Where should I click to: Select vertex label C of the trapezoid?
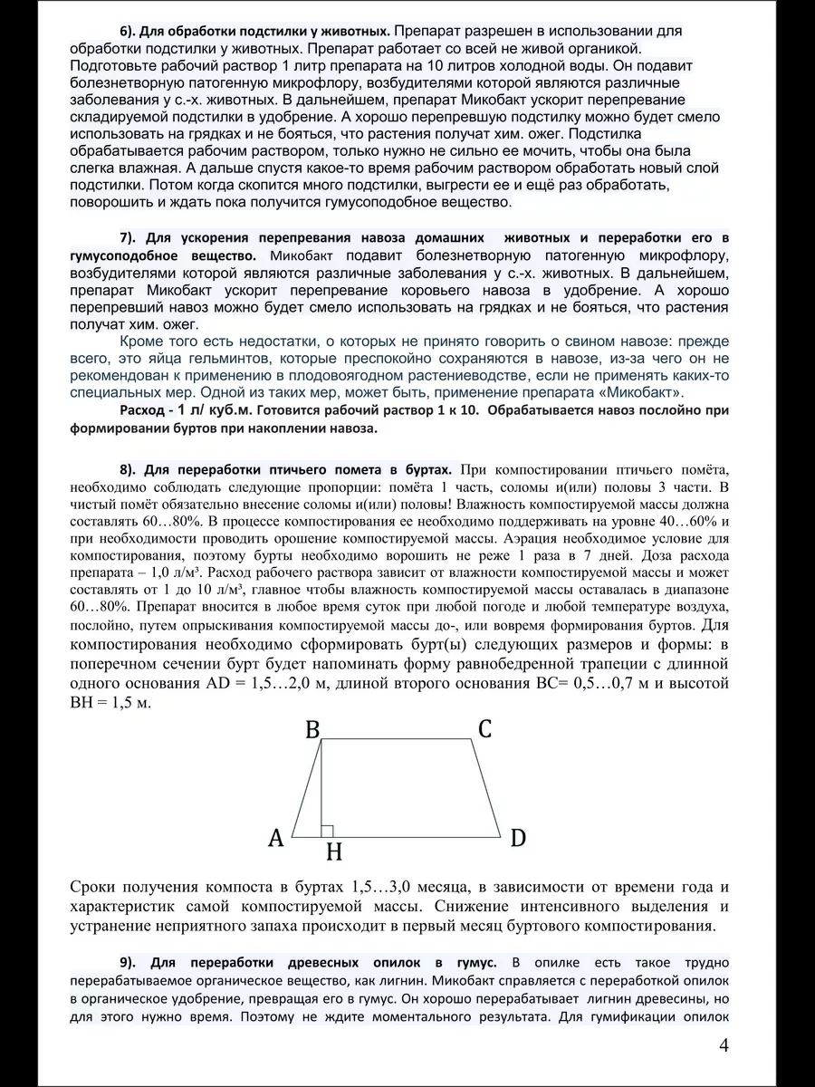(x=484, y=727)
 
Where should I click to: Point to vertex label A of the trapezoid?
(x=276, y=838)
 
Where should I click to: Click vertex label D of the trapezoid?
(x=517, y=838)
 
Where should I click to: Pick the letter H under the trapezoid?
(x=334, y=852)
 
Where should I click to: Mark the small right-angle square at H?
(x=328, y=830)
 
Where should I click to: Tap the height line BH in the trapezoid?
(x=322, y=788)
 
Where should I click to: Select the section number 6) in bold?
(x=129, y=31)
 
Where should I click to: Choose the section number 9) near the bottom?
(x=129, y=962)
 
